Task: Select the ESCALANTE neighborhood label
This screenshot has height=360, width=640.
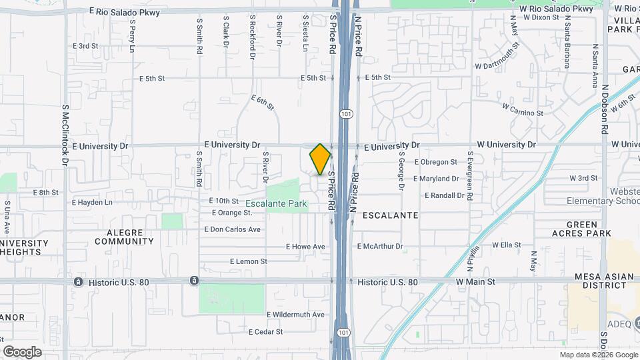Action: click(390, 215)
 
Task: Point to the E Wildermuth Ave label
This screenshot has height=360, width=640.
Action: click(295, 315)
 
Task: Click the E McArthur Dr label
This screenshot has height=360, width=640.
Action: click(380, 247)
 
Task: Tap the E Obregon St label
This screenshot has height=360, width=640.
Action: click(435, 162)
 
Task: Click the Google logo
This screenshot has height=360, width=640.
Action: click(22, 351)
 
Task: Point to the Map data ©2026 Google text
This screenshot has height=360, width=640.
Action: click(598, 355)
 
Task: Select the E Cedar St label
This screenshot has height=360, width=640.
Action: click(266, 331)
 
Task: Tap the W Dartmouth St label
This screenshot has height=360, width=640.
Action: click(498, 57)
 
